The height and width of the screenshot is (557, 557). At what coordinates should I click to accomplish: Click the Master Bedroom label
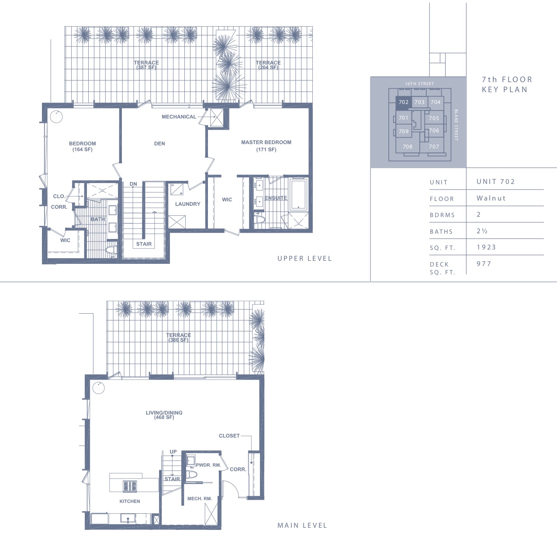click(x=266, y=145)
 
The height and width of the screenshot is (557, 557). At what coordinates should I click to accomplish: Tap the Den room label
click(x=159, y=144)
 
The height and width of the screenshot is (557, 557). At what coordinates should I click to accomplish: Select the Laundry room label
click(x=187, y=204)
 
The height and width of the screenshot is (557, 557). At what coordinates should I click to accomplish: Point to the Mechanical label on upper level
click(x=179, y=117)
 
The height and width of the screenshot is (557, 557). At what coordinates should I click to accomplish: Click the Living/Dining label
click(x=164, y=415)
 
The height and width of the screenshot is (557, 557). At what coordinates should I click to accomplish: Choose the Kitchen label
click(x=130, y=501)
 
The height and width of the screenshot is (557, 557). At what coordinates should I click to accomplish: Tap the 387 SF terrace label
click(x=146, y=65)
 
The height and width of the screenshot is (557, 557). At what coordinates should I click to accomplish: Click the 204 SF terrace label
click(x=268, y=65)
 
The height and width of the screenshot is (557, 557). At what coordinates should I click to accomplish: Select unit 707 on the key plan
click(x=434, y=146)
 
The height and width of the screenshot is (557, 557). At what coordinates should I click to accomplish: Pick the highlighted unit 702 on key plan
click(x=404, y=102)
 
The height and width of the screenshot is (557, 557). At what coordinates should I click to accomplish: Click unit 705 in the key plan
click(x=434, y=118)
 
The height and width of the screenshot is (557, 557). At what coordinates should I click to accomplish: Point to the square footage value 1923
click(x=486, y=247)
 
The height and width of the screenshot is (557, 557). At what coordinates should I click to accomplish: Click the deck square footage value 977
click(x=484, y=263)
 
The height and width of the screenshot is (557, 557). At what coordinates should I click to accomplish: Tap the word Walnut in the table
click(x=491, y=198)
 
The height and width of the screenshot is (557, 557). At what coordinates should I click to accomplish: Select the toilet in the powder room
click(x=191, y=474)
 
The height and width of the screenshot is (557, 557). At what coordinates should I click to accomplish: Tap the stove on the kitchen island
click(x=130, y=487)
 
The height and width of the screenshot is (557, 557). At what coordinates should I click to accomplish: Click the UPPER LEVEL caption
click(x=304, y=259)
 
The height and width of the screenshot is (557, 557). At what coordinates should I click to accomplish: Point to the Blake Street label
click(x=456, y=125)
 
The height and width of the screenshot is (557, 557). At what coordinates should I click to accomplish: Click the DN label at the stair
click(x=133, y=184)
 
